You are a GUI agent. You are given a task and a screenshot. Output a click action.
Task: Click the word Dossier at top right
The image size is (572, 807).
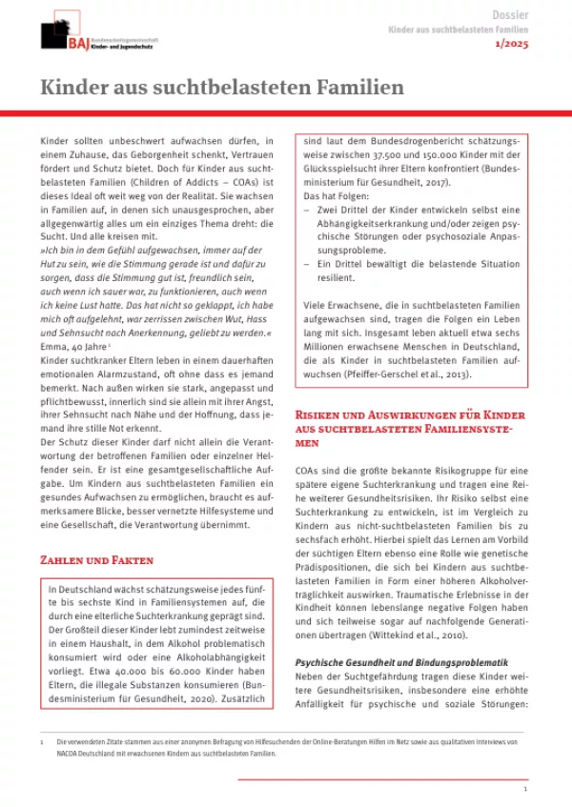510,15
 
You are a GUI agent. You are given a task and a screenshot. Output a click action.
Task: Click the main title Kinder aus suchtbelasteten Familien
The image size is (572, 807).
221,88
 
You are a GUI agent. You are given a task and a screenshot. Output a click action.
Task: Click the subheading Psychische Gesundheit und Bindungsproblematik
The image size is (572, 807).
402,662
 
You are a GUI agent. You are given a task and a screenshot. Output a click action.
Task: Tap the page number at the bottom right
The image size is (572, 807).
525,790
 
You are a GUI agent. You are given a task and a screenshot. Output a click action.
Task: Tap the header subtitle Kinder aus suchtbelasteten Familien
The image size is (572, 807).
459,30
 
